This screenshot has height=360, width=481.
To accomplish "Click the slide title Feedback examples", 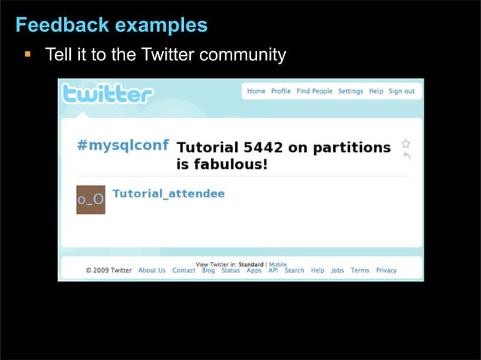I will pos(111,26).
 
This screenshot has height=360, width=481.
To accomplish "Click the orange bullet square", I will pos(27,54).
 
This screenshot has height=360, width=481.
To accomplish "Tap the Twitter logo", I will pos(108,94).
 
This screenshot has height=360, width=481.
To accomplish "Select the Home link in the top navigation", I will pos(256,91).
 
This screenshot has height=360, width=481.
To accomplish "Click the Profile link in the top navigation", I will pos(281,91).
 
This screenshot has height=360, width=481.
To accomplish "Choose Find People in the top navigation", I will pos(314,91).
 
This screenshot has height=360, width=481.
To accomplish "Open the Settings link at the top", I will pos(351,91).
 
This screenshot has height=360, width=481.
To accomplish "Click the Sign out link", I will pos(401,91).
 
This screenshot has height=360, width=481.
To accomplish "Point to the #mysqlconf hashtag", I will pos(123,145).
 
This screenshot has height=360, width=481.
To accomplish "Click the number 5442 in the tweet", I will pos(262,148).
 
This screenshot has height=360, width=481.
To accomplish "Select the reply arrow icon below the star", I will pos(406,157).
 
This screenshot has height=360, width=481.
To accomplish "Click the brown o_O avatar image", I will pos(90,200).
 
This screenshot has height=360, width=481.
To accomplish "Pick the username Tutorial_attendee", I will pos(168,194).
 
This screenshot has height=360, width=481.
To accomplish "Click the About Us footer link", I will pos(152,270).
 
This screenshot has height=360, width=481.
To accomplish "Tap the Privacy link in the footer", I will pos(386,270).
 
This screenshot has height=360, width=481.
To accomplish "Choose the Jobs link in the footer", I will pos(337,270).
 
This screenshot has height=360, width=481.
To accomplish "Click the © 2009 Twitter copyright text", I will pos(109,270).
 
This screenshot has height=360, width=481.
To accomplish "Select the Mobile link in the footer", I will pos(277,264).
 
